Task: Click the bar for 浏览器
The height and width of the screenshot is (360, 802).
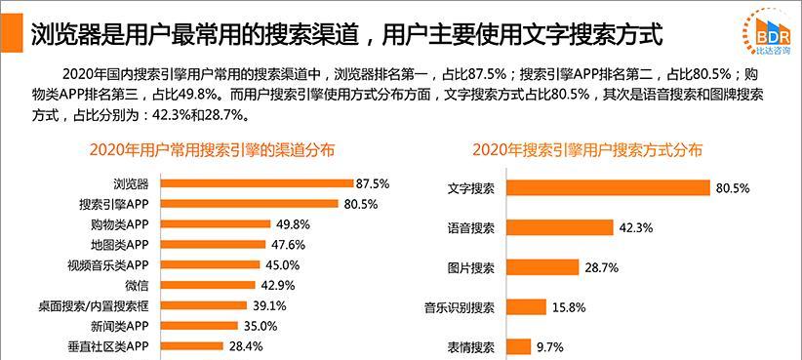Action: point(256,182)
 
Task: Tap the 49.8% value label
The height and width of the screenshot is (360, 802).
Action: point(293,223)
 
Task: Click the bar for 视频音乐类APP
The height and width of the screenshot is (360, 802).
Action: point(209,264)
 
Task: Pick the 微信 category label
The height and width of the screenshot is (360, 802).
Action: point(137,285)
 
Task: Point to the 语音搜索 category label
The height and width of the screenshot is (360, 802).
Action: point(471,227)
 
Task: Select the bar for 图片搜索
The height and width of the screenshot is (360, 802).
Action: point(542,267)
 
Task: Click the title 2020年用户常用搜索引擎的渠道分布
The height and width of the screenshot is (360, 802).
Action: point(211,150)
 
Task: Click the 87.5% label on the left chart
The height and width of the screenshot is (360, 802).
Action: point(373,182)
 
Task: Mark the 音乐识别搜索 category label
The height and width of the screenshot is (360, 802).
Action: point(460,307)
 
